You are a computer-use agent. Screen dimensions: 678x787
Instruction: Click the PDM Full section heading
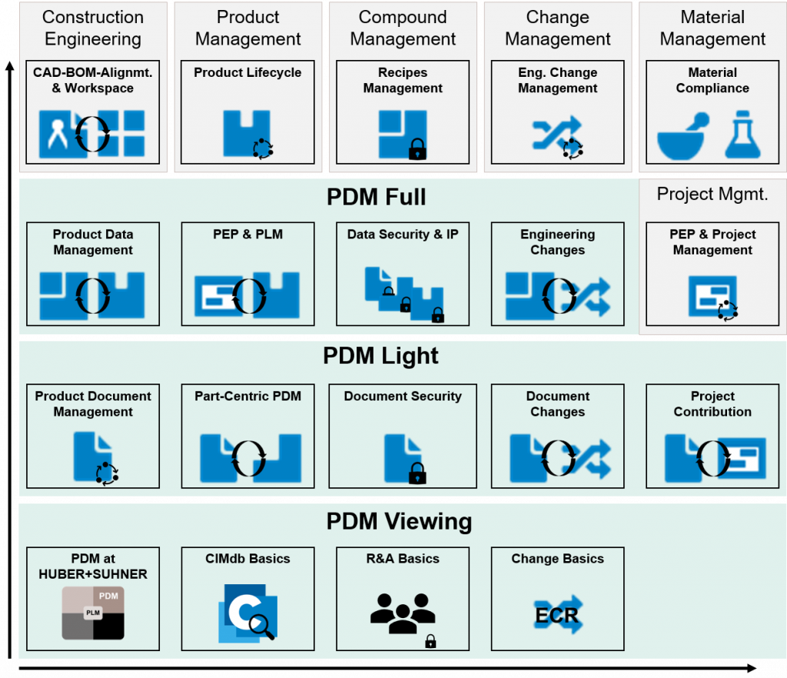click(x=376, y=198)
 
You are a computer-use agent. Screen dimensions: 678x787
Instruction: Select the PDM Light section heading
click(x=380, y=356)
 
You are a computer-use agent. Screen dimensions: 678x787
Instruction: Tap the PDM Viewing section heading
click(x=399, y=521)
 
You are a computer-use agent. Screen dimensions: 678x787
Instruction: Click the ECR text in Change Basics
click(x=557, y=615)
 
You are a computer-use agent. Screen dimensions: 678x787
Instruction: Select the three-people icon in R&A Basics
click(x=402, y=612)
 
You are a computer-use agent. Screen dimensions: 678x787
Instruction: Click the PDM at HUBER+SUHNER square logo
click(x=93, y=613)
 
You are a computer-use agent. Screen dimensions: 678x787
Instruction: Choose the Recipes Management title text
click(x=403, y=81)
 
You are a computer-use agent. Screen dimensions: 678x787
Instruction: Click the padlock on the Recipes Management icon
click(x=417, y=149)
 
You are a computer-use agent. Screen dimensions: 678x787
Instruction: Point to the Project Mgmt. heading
click(x=712, y=194)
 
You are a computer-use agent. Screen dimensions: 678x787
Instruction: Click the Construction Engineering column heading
click(x=92, y=28)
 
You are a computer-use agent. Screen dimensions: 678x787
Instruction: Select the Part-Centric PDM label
click(x=247, y=397)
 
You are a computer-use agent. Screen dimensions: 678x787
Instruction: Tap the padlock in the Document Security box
click(x=417, y=474)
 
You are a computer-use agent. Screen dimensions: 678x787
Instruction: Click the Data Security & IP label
click(x=403, y=234)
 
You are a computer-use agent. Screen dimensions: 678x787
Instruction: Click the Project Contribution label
click(x=712, y=404)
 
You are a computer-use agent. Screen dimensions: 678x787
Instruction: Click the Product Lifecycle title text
click(x=247, y=73)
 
